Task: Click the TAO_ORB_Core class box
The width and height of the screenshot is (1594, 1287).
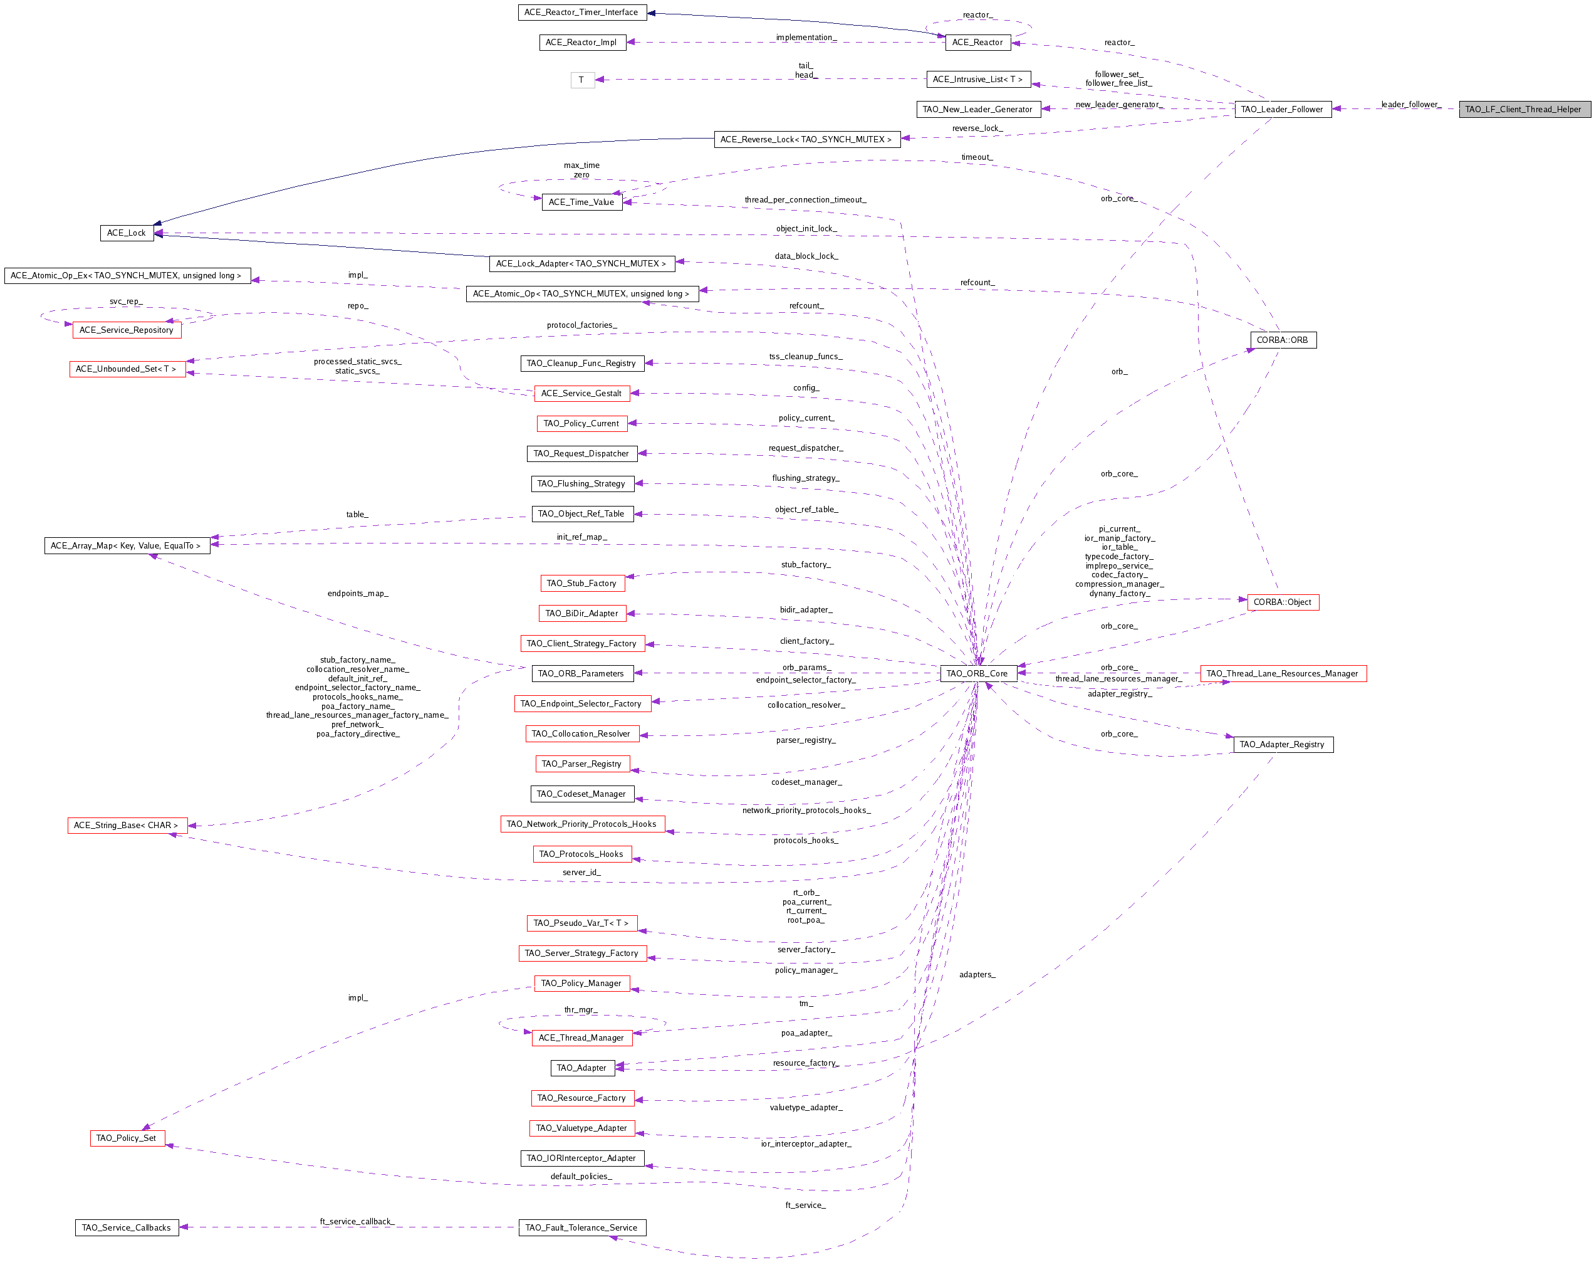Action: tap(977, 673)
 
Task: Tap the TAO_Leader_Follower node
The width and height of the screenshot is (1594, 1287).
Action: tap(1282, 109)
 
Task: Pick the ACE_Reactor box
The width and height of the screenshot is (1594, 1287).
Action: tap(977, 42)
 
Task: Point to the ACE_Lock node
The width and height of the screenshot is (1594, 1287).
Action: tap(126, 233)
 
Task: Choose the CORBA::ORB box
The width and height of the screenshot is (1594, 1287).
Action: tap(1283, 340)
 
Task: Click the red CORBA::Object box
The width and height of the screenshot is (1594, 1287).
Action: tap(1283, 602)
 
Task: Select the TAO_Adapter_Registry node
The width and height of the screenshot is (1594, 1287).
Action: tap(1282, 744)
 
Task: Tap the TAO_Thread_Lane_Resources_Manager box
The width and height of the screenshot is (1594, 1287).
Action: tap(1283, 673)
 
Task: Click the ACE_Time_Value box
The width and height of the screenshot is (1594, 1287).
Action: tap(581, 202)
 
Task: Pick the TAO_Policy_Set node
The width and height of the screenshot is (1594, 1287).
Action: tap(127, 1137)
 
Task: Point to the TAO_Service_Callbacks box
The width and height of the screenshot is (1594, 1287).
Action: tap(127, 1227)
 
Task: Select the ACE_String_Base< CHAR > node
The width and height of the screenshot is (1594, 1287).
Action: tap(127, 824)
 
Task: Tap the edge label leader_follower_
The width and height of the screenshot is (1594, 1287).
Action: tap(1411, 105)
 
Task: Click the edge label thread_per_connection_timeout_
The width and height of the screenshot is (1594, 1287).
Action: tap(806, 199)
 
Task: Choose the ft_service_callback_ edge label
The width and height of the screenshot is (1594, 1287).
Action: tap(357, 1221)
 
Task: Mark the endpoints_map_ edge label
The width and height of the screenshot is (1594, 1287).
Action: tap(358, 593)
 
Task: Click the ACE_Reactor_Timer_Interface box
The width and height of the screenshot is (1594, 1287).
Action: tap(581, 12)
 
